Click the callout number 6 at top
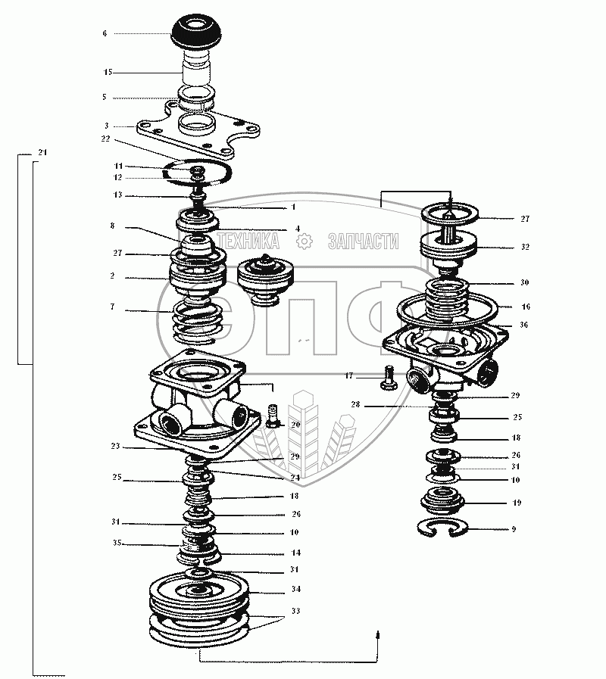tap(105, 33)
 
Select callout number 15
tap(108, 72)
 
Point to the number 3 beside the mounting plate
tap(107, 126)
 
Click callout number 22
tap(105, 139)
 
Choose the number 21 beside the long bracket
tap(42, 153)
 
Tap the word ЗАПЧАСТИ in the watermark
tap(363, 241)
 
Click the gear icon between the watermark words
tap(305, 241)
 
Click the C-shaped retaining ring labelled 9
tap(450, 528)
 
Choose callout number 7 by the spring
tap(112, 308)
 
